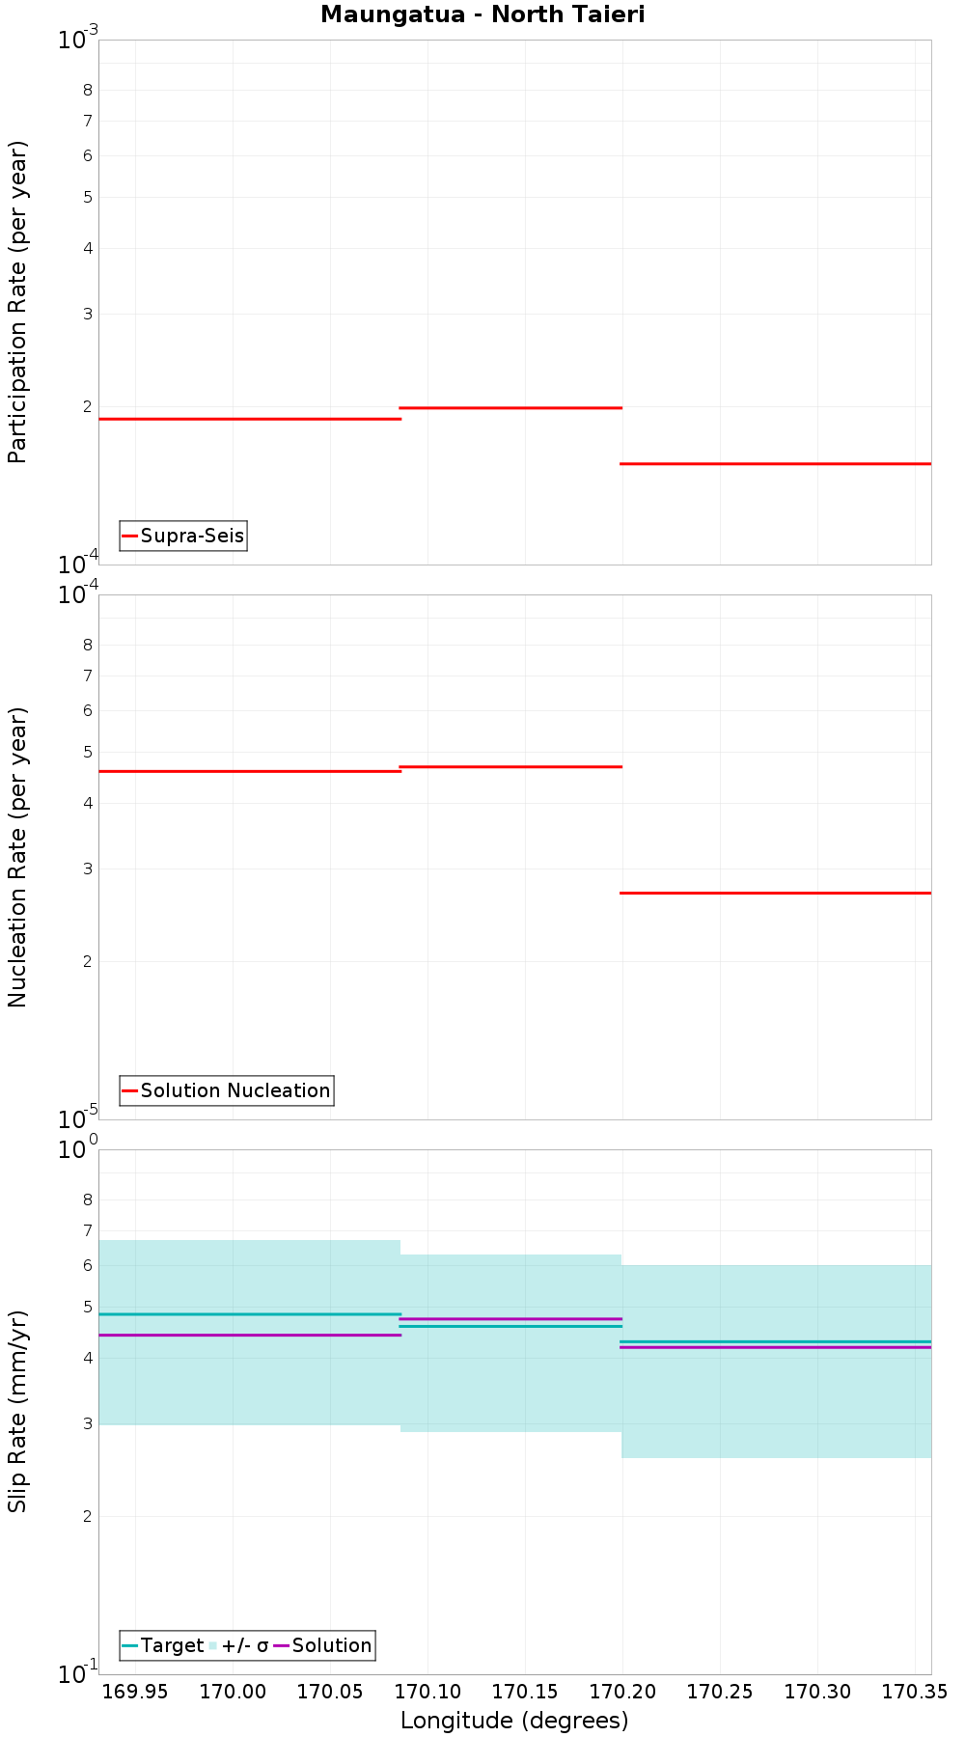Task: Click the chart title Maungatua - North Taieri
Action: tap(482, 14)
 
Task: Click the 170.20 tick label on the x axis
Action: tap(622, 1692)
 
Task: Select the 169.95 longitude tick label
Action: tap(135, 1692)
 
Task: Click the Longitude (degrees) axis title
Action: tap(514, 1720)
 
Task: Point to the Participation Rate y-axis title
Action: tap(17, 302)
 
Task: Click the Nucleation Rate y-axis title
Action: tap(17, 857)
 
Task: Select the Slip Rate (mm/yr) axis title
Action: tap(17, 1412)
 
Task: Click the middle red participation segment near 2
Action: tap(510, 408)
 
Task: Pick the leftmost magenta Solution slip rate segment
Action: tap(250, 1335)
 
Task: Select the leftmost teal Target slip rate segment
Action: tap(250, 1314)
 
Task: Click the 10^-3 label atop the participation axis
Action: tap(77, 40)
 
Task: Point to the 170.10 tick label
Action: tap(427, 1692)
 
